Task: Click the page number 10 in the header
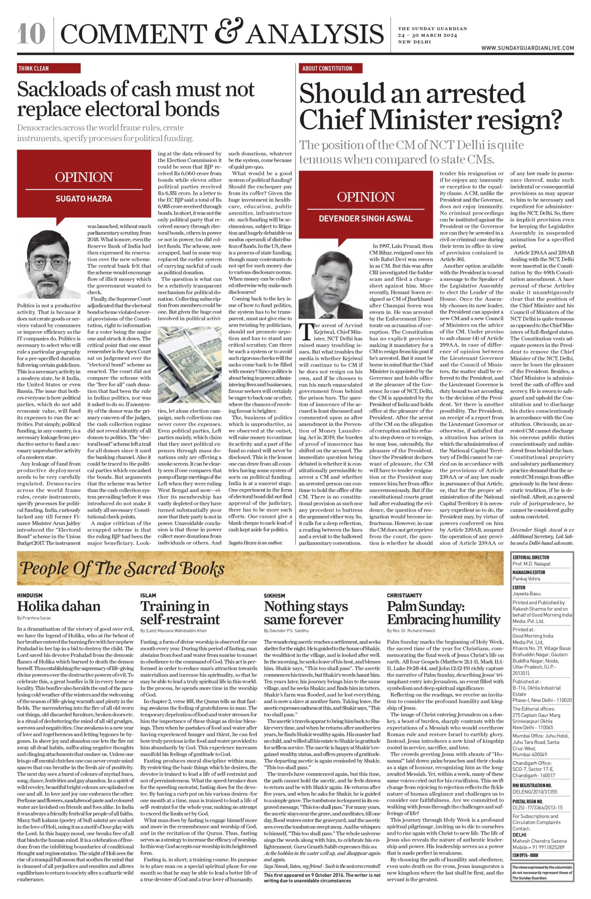point(31,34)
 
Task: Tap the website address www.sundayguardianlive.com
point(527,48)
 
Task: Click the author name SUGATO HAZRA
point(84,198)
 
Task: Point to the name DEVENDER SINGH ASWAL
point(365,218)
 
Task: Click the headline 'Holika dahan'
point(59,606)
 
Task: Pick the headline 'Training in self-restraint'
point(180,612)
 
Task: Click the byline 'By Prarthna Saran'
point(34,618)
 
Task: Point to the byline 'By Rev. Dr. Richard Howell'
point(411,630)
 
